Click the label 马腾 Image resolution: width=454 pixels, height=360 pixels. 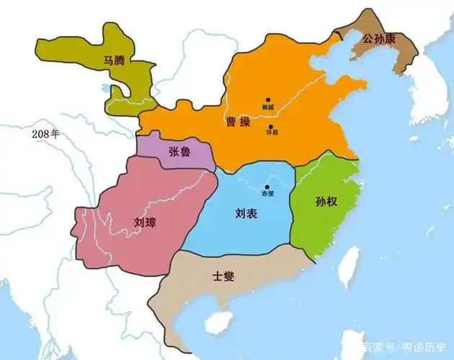(x=114, y=61)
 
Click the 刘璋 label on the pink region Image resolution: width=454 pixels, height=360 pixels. (x=145, y=222)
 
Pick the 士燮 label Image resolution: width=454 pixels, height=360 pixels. (x=223, y=276)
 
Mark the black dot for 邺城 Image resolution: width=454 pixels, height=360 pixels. (x=267, y=100)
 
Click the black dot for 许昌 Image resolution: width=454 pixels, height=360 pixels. (x=271, y=125)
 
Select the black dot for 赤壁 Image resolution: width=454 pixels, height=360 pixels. (x=267, y=187)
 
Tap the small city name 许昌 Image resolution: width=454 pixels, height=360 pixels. (x=272, y=133)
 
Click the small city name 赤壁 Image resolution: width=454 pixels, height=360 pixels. (x=267, y=194)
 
